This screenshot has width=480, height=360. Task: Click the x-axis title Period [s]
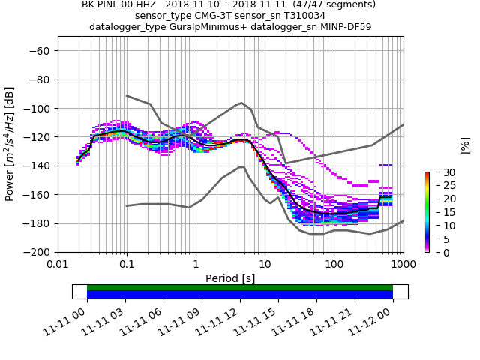pyautogui.click(x=230, y=278)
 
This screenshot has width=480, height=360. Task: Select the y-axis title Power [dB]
pyautogui.click(x=10, y=144)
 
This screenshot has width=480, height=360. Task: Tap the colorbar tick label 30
pyautogui.click(x=440, y=172)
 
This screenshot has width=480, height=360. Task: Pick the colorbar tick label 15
pyautogui.click(x=440, y=212)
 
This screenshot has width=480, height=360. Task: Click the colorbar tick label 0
pyautogui.click(x=437, y=252)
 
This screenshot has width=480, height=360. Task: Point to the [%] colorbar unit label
pyautogui.click(x=465, y=145)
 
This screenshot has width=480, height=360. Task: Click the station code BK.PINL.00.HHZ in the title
pyautogui.click(x=115, y=4)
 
